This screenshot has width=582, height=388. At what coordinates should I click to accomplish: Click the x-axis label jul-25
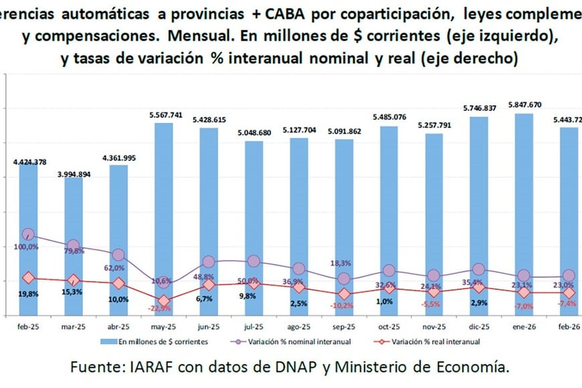(x=254, y=327)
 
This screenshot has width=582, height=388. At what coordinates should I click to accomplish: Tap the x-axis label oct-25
(x=389, y=327)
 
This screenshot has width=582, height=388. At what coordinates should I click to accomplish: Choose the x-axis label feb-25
(x=28, y=327)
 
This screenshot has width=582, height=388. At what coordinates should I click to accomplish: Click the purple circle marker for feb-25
(x=28, y=235)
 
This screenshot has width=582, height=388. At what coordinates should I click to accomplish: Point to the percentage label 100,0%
(x=27, y=248)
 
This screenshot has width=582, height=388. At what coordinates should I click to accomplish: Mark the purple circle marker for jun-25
(x=209, y=262)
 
